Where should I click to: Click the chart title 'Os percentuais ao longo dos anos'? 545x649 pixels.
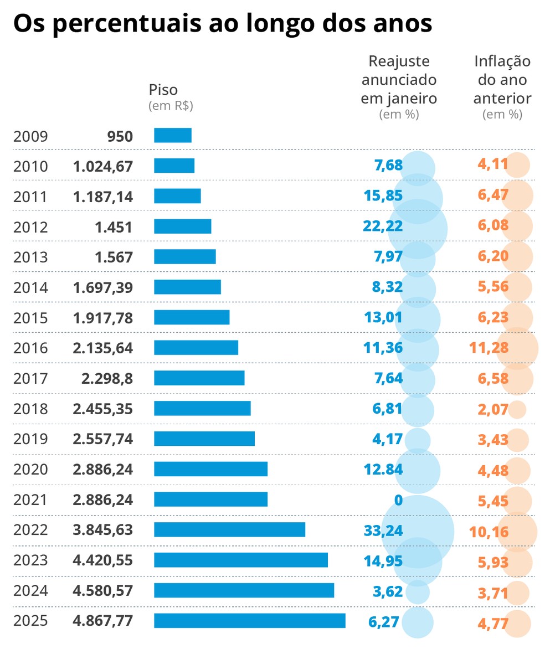[x=222, y=25]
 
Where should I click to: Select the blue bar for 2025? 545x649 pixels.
[x=249, y=621]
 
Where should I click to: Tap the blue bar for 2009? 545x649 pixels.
[x=173, y=136]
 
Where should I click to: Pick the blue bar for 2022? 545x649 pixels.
[x=229, y=529]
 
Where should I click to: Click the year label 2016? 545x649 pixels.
[x=30, y=348]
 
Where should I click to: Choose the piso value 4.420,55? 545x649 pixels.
[x=102, y=560]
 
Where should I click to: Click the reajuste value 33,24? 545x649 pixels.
[x=383, y=530]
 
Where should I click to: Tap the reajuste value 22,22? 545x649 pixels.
[x=383, y=226]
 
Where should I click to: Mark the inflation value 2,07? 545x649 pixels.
[x=492, y=409]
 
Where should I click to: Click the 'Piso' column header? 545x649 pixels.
[x=163, y=90]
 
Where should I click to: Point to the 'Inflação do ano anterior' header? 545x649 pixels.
[x=502, y=80]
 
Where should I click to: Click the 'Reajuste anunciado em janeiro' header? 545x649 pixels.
[x=399, y=80]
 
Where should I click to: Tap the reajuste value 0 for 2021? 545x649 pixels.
[x=398, y=500]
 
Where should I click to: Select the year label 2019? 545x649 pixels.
[x=30, y=439]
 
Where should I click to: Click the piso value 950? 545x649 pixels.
[x=120, y=136]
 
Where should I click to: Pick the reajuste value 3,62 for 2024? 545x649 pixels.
[x=388, y=591]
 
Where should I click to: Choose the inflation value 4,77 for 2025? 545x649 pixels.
[x=492, y=622]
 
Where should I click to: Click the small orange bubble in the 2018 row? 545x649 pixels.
[x=517, y=409]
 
